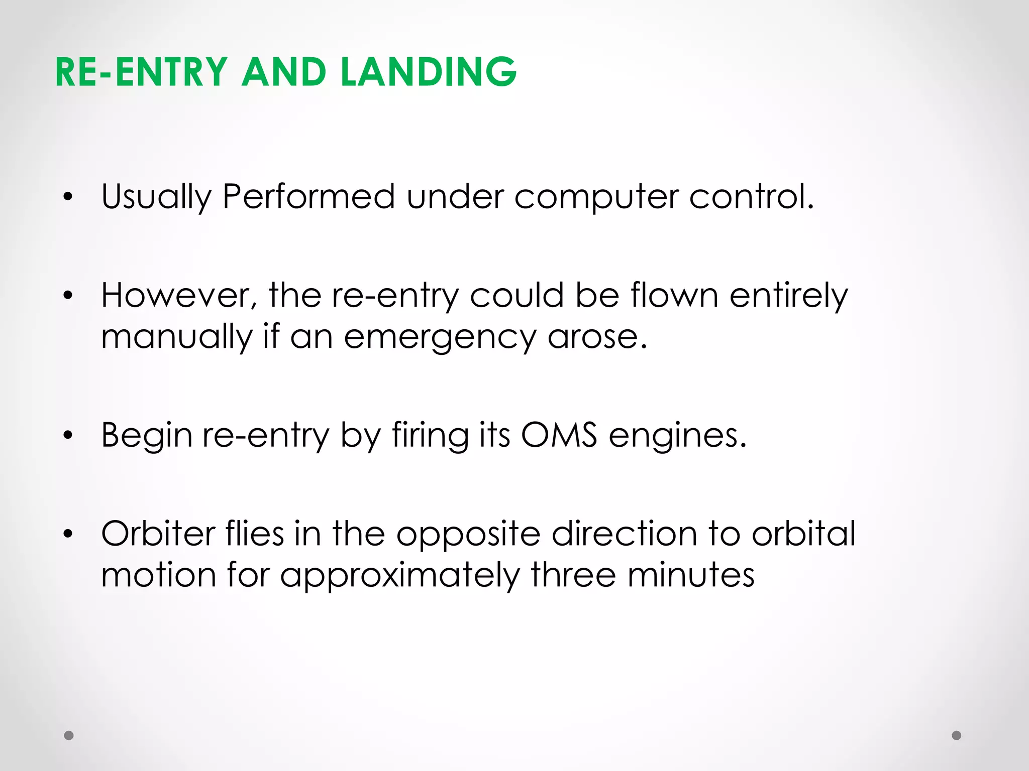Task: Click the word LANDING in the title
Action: [429, 72]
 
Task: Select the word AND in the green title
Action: [284, 72]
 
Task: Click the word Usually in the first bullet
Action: [156, 197]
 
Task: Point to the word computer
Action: [595, 197]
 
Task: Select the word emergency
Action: [440, 337]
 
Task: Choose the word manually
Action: [176, 337]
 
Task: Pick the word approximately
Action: [399, 575]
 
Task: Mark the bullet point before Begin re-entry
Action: [68, 435]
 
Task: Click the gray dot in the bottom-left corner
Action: [69, 735]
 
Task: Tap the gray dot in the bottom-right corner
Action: [957, 735]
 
